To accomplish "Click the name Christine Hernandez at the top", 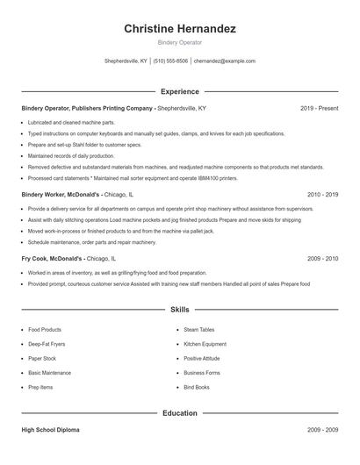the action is pos(179,29).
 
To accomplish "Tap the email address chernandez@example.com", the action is pos(224,61).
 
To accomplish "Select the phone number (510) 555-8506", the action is pos(170,61).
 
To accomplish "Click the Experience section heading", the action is pos(179,91).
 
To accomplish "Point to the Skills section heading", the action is pos(179,310).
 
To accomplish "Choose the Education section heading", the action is pos(179,412).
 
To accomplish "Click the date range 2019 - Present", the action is pos(319,108).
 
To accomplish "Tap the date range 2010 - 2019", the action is pos(322,193).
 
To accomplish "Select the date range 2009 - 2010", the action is pos(322,259).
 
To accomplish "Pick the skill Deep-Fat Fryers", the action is pos(47,344).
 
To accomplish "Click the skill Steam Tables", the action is pos(198,330).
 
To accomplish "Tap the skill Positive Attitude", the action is pos(203,358).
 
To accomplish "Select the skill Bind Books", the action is pos(196,387).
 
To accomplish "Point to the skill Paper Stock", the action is pos(41,358).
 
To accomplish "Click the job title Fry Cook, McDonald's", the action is pos(52,259).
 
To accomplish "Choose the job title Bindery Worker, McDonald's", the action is pos(61,193).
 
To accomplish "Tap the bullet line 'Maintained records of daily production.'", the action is pos(76,155).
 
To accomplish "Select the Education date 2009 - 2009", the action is pos(322,430).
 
